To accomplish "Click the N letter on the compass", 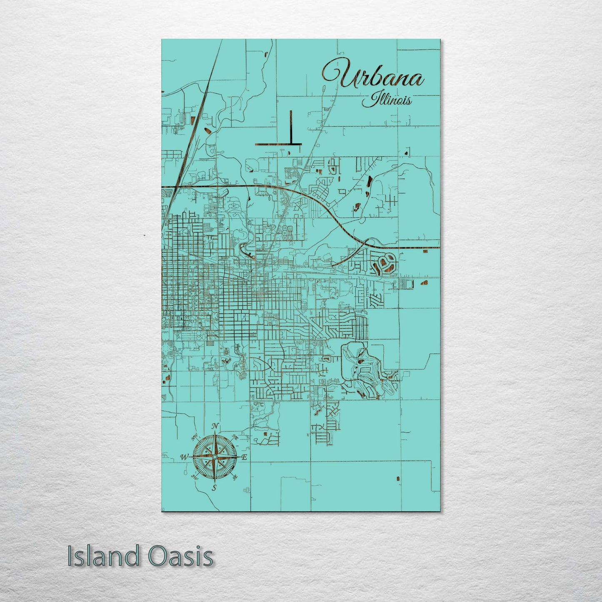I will point(215,426).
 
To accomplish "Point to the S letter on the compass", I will point(215,487).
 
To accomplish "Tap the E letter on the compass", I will point(245,457).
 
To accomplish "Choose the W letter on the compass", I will point(183,457).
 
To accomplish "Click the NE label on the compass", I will point(235,437).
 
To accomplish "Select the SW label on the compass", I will point(194,477).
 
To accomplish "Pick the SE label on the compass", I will point(235,477).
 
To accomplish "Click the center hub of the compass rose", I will point(215,457).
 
